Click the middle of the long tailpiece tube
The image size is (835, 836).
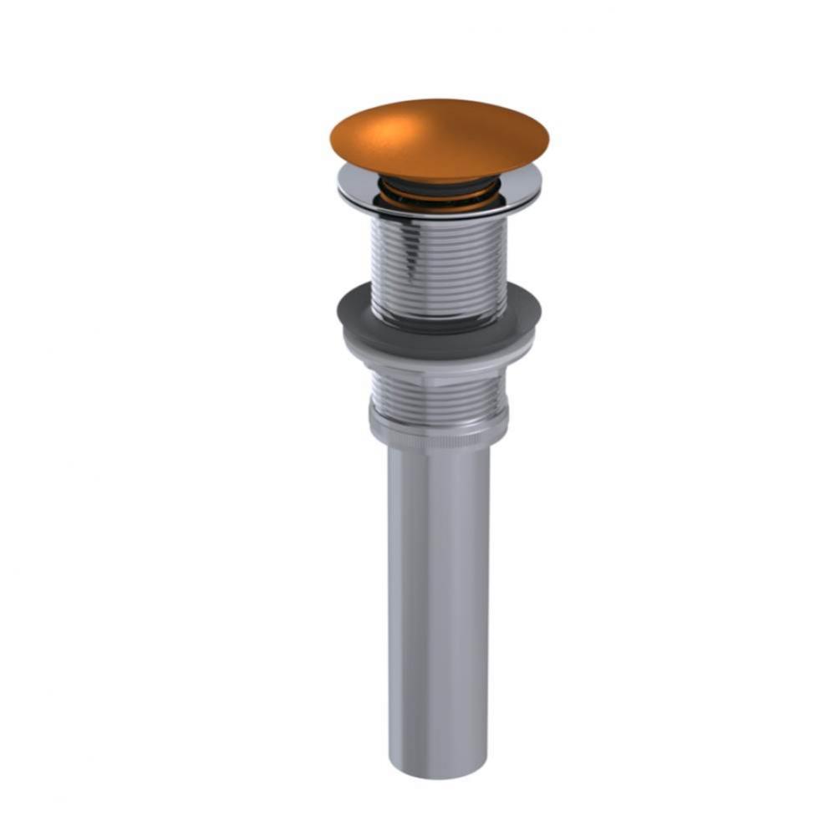[439, 602]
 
